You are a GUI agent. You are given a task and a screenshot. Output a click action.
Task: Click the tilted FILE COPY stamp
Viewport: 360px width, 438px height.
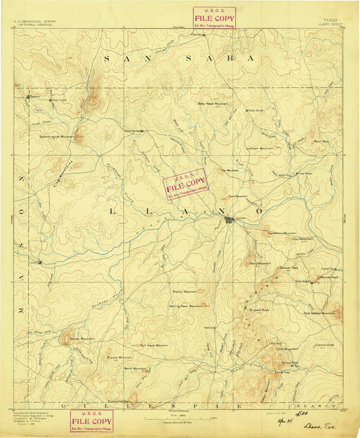click(184, 185)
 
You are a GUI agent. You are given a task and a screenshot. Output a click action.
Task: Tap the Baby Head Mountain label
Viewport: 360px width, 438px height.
click(213, 103)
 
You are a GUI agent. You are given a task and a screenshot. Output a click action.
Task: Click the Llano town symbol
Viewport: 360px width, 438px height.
click(230, 219)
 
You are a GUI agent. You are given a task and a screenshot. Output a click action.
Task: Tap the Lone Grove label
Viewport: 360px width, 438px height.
click(305, 174)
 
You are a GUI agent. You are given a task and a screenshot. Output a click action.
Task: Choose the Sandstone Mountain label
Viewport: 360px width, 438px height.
click(283, 233)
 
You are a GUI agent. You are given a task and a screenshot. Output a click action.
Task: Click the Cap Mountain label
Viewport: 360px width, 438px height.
click(303, 239)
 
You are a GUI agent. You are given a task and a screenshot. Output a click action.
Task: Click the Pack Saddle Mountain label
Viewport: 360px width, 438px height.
click(319, 313)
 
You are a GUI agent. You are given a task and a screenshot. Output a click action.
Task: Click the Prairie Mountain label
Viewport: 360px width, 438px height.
click(122, 357)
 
